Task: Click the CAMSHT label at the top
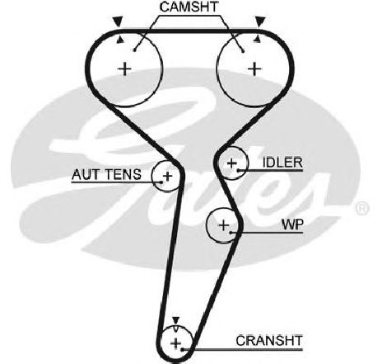coord(189,7)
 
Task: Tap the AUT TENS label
coord(106,174)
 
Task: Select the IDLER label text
coord(282,163)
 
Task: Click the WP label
coord(292,225)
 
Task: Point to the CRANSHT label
coord(269,341)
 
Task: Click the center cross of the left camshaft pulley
coord(125,69)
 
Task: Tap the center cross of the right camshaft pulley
coord(254,69)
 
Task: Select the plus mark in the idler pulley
coord(232,163)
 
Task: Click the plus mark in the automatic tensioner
coord(167,176)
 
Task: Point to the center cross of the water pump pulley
coord(224,225)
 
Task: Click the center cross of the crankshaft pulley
coord(175,343)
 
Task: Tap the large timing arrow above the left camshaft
coord(118,21)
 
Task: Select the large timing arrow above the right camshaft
coord(260,21)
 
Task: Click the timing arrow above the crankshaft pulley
coord(175,320)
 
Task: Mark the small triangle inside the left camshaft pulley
coord(120,40)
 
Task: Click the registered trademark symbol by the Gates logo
coord(362,209)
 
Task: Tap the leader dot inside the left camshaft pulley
coord(135,50)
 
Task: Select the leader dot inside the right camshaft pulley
coord(243,50)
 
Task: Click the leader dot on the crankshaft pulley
coord(182,350)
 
